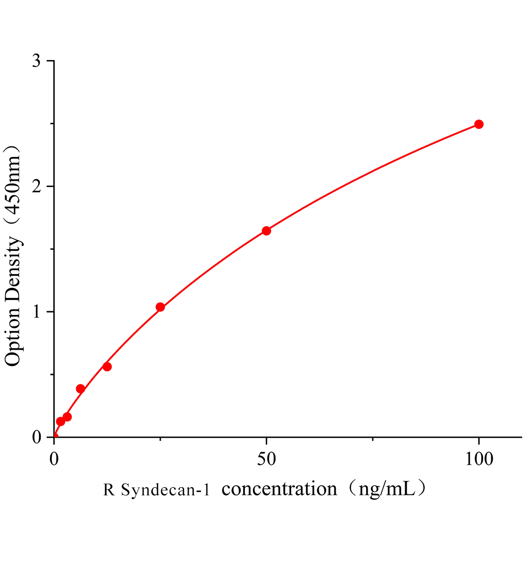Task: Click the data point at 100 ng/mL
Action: coord(479,124)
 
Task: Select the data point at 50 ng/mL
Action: coord(266,231)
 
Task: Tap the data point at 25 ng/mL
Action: coord(160,307)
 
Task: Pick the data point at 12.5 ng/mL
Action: coord(107,366)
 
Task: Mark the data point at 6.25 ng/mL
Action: coord(80,389)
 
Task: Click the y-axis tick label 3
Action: coord(37,61)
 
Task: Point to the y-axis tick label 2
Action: coord(37,187)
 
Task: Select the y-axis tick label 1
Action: coord(37,312)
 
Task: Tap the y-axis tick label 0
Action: coord(37,437)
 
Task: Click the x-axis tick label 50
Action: coord(266,459)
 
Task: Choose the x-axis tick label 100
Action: coord(478,459)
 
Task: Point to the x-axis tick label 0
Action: coord(54,459)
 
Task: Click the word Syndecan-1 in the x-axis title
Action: coord(165,490)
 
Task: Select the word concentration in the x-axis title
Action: coord(279,489)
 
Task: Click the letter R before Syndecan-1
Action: coord(109,490)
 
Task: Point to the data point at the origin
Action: coord(54,436)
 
